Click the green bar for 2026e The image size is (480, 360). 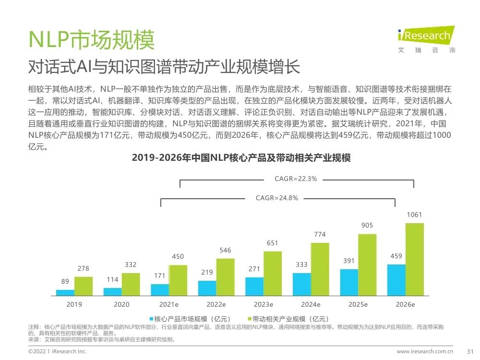[415, 259]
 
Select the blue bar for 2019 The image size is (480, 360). [65, 292]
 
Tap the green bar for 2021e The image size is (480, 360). [178, 279]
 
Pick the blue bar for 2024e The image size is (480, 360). [301, 284]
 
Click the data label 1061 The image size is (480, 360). [415, 215]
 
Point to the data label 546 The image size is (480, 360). [225, 251]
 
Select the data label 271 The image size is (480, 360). [254, 269]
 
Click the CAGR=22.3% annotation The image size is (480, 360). [296, 179]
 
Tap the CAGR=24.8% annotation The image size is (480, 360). [277, 198]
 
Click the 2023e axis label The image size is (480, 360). [264, 304]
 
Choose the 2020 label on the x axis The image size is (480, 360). [121, 304]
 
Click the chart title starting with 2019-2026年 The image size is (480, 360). [241, 158]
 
